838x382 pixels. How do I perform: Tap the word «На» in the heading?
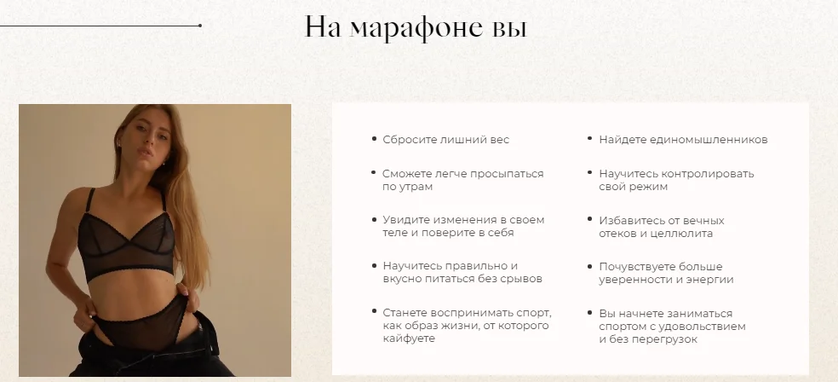(x=323, y=26)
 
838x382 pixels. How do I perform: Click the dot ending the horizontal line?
(x=200, y=25)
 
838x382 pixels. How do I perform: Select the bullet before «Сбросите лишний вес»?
(x=374, y=139)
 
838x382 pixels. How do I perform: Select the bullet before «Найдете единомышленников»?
(x=589, y=139)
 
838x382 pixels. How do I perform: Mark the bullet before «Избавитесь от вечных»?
(x=589, y=219)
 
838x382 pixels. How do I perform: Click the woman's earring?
(x=162, y=163)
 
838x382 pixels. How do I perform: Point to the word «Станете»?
(x=405, y=312)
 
